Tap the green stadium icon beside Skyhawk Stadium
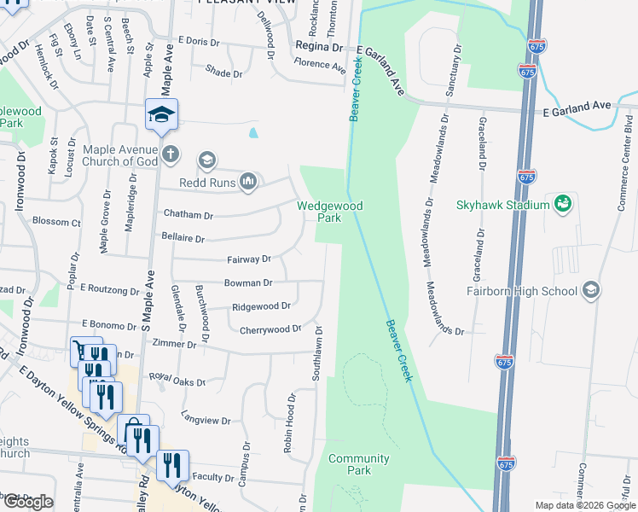click(562, 203)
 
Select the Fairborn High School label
click(522, 291)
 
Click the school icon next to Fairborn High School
click(590, 290)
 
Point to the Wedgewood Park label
click(329, 212)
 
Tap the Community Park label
click(359, 464)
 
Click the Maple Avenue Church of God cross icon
click(171, 154)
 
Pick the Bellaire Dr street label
click(183, 239)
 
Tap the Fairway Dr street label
click(249, 259)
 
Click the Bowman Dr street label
click(248, 282)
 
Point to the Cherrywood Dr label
click(270, 329)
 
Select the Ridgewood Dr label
click(261, 306)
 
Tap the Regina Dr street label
click(318, 48)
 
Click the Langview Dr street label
click(206, 421)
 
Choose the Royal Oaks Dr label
click(177, 379)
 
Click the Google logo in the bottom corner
click(28, 502)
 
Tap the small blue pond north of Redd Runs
click(253, 133)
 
